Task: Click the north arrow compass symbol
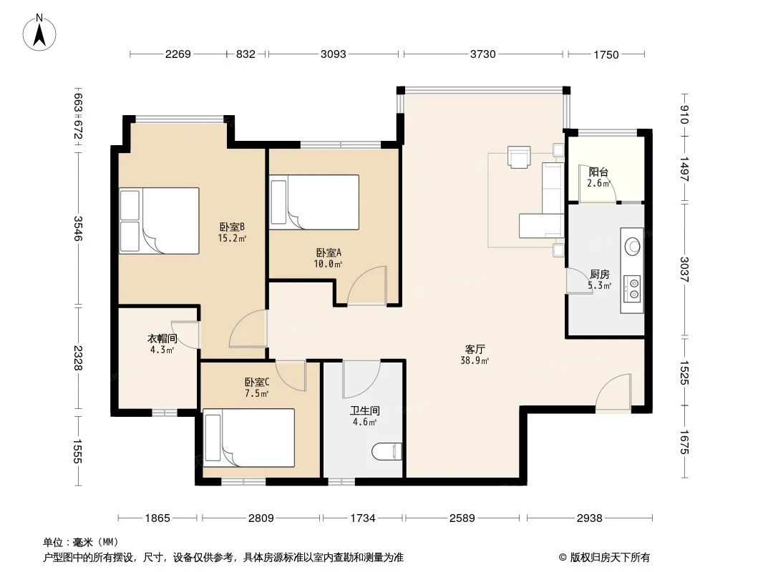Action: [39, 32]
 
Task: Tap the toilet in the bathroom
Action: [387, 451]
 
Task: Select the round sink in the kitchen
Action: [633, 245]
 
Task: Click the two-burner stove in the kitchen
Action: [633, 287]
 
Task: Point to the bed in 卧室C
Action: [248, 438]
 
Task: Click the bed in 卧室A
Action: [314, 202]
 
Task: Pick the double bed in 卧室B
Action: [159, 221]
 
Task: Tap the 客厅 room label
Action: [475, 349]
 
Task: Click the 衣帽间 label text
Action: [162, 338]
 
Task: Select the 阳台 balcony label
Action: [598, 172]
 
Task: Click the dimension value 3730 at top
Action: [482, 54]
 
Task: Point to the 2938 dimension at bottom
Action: [589, 518]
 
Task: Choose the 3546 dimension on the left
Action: [78, 228]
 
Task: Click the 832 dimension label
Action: [246, 54]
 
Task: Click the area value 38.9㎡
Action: [475, 360]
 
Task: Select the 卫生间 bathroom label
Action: [365, 410]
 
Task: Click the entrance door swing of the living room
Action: [614, 393]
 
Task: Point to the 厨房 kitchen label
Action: [600, 275]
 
